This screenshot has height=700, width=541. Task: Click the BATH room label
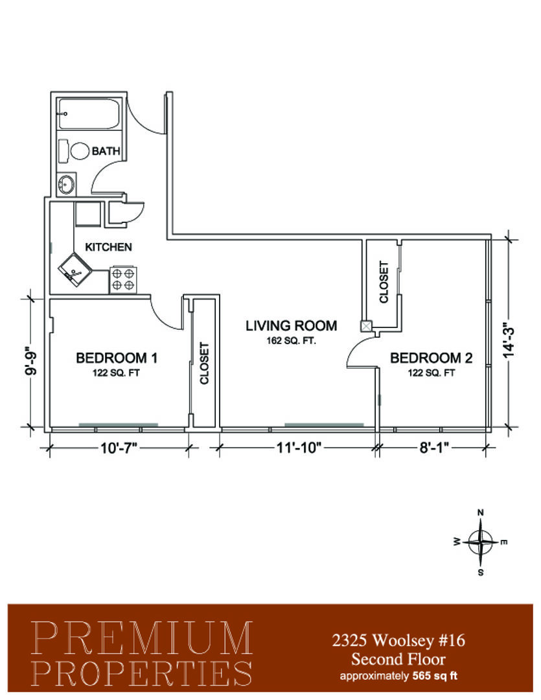point(106,151)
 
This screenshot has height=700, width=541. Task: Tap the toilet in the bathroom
point(75,151)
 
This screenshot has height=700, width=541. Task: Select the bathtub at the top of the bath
point(89,114)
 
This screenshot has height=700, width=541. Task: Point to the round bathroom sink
point(67,184)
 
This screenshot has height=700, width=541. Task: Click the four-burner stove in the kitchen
point(122,279)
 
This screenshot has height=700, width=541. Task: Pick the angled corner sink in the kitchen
point(75,269)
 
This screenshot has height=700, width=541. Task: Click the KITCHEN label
point(108,247)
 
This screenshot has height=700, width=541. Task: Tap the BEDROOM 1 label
point(117,358)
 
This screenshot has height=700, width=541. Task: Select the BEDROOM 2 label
point(432,358)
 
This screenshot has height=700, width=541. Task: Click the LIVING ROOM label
point(292,325)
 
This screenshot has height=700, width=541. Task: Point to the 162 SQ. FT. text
point(292,341)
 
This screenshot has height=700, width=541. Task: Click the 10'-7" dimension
point(119,447)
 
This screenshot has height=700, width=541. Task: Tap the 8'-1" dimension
point(434,447)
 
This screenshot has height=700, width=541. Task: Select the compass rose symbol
point(480,542)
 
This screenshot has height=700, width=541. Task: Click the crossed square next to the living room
point(366,326)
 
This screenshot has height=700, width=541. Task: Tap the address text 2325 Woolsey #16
point(398,640)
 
